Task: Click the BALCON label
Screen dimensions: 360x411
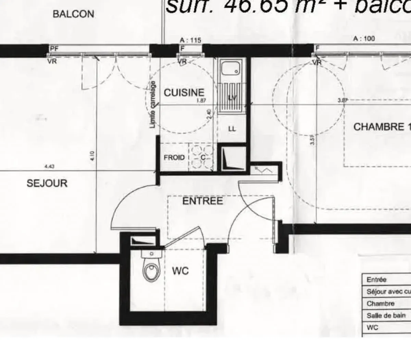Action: tap(73, 14)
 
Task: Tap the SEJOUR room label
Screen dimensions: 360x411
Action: tap(47, 183)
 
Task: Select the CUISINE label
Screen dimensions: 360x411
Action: tap(184, 93)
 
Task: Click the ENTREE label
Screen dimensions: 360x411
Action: tap(202, 201)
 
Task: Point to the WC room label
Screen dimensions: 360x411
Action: tap(180, 271)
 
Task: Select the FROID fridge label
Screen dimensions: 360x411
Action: tap(174, 158)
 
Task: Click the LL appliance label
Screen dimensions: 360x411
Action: tap(232, 129)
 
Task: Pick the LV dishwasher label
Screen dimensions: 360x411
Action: tap(233, 98)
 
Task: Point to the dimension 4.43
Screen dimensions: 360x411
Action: tap(49, 167)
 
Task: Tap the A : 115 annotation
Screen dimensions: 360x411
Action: tap(190, 40)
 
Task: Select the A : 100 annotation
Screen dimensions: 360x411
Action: tap(364, 39)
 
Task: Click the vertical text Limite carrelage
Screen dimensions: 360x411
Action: tap(153, 105)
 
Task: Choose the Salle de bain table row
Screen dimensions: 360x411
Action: tap(386, 315)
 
